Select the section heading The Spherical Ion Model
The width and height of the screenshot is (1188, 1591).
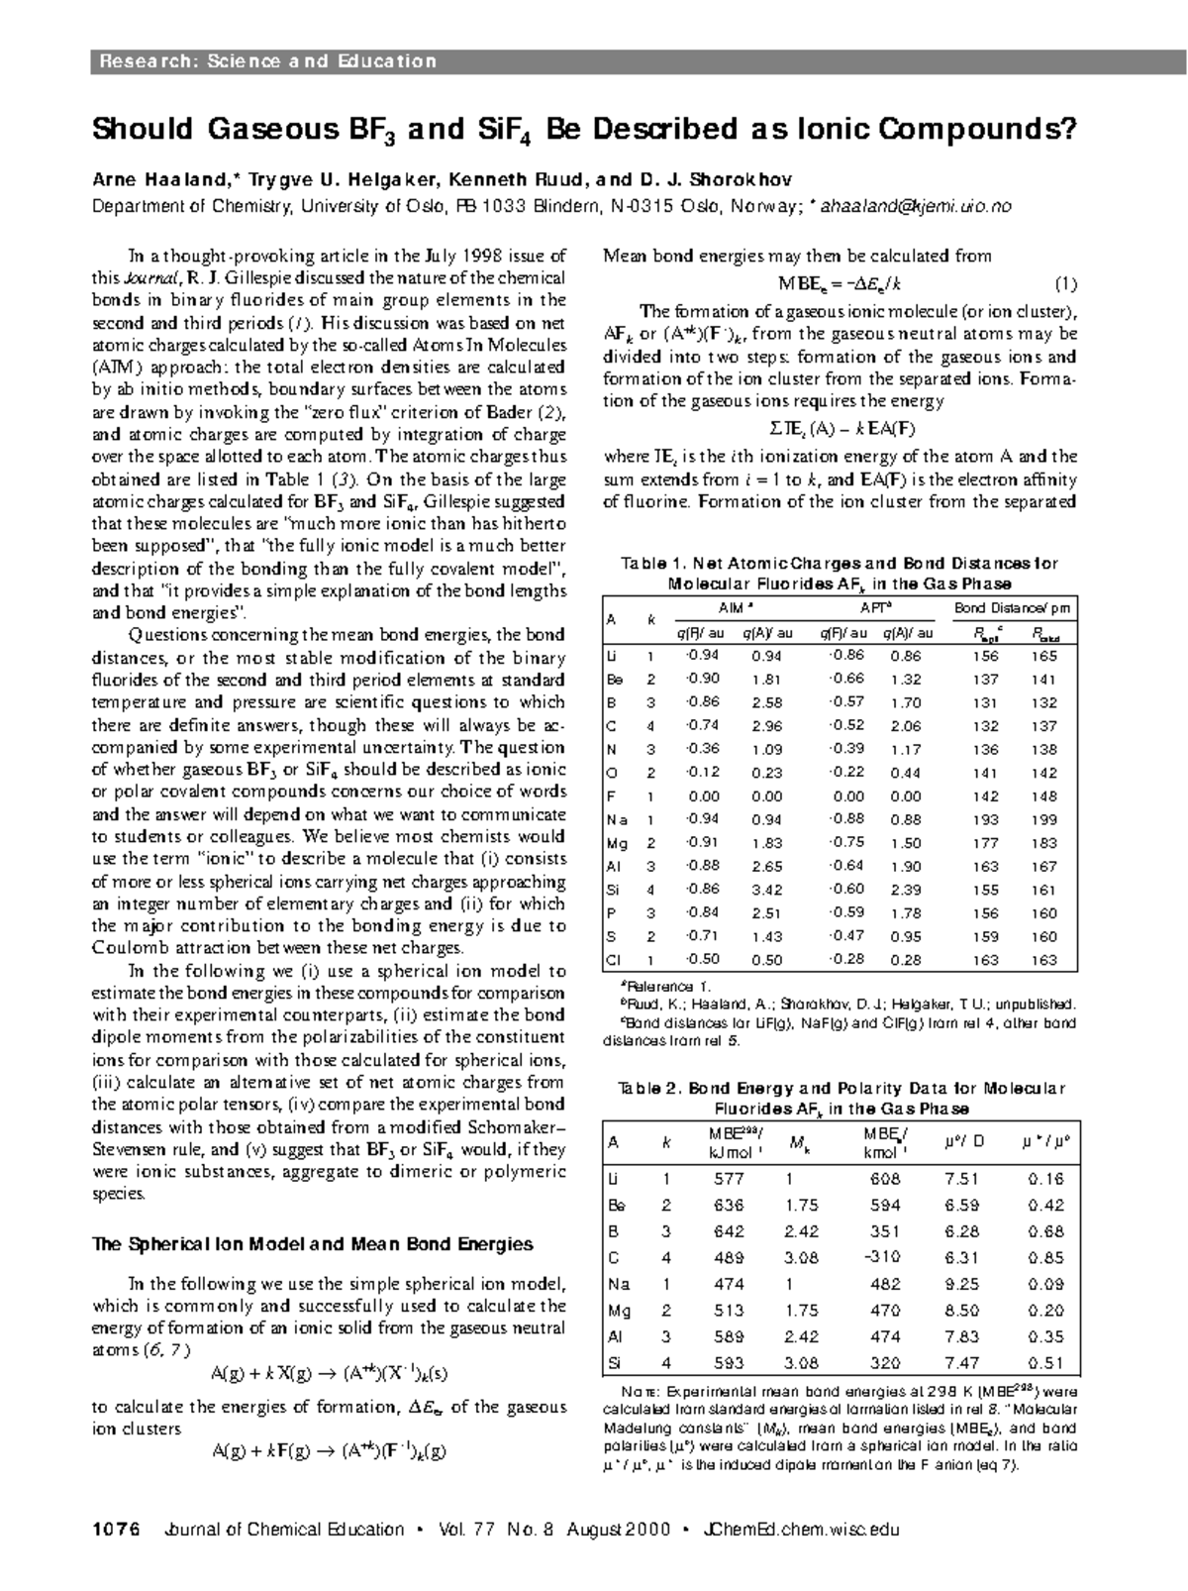click(x=312, y=1244)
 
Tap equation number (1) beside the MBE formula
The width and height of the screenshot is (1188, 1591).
click(x=1065, y=284)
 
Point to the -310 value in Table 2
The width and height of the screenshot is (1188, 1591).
click(x=881, y=1257)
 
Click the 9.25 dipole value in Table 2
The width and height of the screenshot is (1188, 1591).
click(x=961, y=1284)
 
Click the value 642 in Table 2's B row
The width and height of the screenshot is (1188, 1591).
click(x=729, y=1231)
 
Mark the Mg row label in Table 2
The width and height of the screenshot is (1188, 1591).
click(x=619, y=1310)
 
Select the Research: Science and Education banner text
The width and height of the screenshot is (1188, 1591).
click(x=266, y=61)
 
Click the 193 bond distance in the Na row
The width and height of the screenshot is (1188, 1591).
click(x=985, y=819)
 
